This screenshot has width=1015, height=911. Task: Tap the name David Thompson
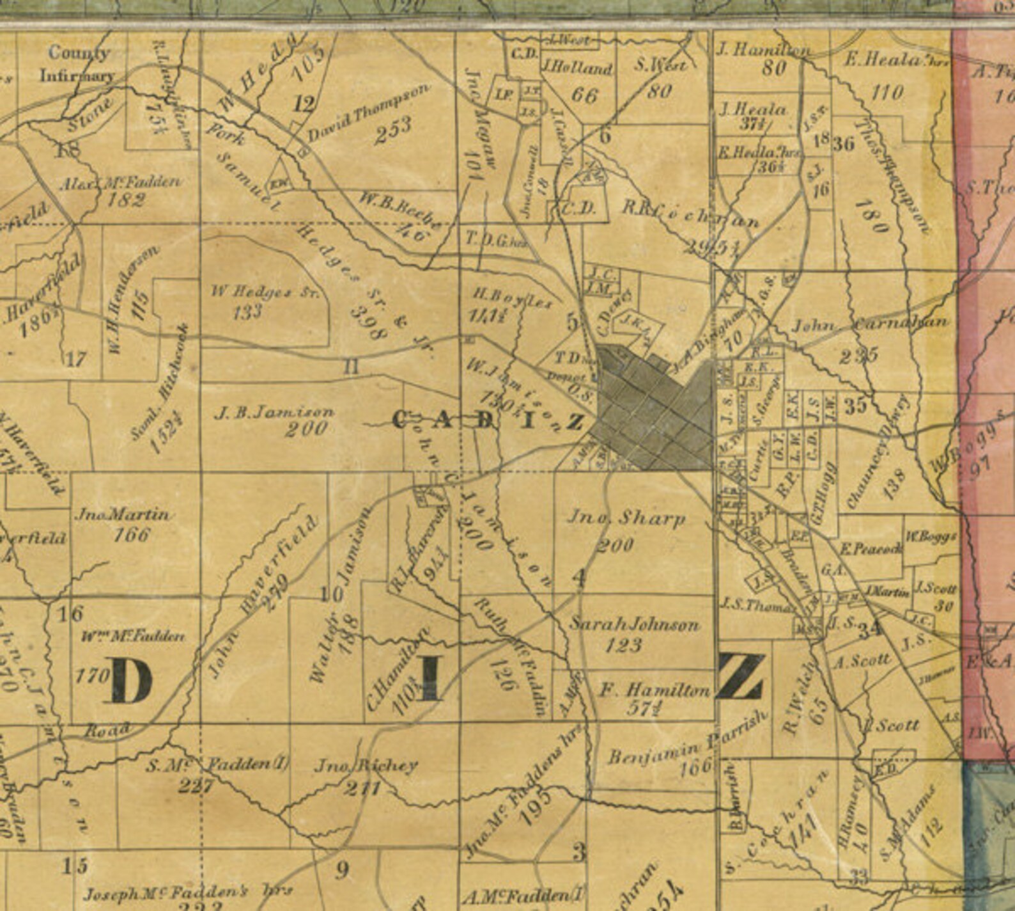368,113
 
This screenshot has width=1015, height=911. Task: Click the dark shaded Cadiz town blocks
652,409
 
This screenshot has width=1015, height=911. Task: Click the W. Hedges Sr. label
265,292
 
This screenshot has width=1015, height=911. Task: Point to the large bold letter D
132,681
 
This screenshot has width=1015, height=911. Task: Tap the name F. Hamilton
655,690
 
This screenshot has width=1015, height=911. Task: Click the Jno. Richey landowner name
367,765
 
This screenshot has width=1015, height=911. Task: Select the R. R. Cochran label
690,215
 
